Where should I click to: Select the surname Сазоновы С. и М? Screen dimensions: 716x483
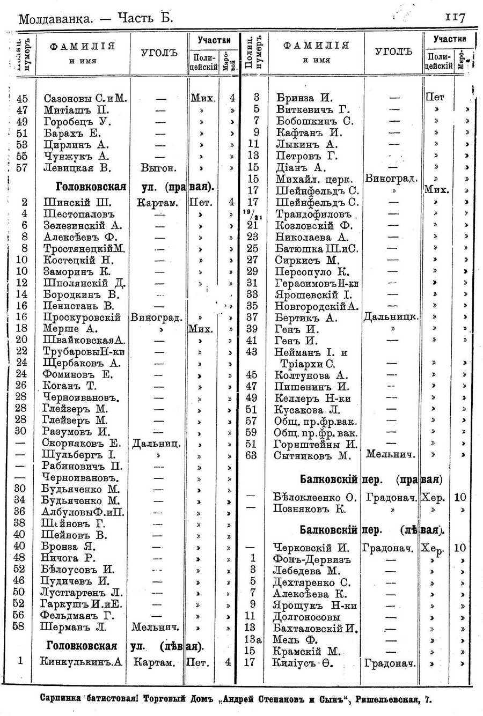click(85, 98)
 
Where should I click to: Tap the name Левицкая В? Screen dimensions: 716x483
click(77, 167)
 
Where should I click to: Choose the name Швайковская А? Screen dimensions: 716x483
click(84, 340)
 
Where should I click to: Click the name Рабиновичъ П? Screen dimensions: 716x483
click(83, 466)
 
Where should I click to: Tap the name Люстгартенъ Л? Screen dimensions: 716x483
click(82, 593)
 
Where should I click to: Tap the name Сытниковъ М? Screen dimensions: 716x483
click(312, 456)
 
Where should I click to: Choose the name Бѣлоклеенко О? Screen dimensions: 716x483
click(314, 497)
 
